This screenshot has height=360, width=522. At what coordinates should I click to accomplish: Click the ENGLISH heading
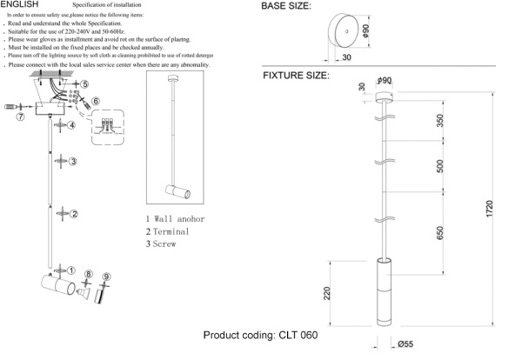point(19,5)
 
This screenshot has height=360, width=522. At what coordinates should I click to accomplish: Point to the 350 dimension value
point(440,119)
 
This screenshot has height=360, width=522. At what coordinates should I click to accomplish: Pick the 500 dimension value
point(440,166)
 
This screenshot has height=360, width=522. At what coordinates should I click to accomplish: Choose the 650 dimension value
point(440,233)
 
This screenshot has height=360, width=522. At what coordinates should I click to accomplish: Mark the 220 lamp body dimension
point(328,294)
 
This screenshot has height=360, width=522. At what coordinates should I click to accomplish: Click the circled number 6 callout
point(96,102)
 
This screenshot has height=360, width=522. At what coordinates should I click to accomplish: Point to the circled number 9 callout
point(106,277)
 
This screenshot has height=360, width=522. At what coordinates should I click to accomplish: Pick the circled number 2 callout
point(76,214)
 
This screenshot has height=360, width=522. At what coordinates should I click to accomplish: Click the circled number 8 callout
point(88,276)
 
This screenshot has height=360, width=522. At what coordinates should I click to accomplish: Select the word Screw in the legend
point(164,245)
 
